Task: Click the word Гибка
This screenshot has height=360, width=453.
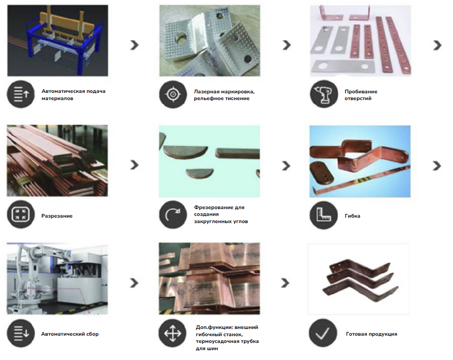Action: (x=352, y=216)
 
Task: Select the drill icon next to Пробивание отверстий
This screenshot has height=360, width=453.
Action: (x=324, y=94)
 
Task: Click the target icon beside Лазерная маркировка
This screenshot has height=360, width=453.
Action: (x=173, y=94)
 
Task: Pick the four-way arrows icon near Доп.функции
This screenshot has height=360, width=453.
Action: (x=173, y=333)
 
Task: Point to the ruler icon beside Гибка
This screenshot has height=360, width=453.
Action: (x=324, y=215)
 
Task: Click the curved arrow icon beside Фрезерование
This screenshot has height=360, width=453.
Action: (x=173, y=214)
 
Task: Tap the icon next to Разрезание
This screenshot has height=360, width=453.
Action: (x=21, y=214)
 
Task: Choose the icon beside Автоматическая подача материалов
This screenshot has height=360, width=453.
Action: (x=21, y=94)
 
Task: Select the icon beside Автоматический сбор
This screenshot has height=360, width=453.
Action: (x=21, y=333)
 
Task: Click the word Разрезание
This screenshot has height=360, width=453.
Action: (x=57, y=216)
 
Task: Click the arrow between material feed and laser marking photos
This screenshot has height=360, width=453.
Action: (x=134, y=45)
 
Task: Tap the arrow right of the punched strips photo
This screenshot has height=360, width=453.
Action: (x=437, y=45)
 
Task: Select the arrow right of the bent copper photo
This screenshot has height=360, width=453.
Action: (x=437, y=165)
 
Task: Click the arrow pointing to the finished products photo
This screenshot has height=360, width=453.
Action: (x=285, y=283)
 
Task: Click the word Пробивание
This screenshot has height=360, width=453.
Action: (x=361, y=91)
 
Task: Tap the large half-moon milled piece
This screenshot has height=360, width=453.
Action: (x=185, y=152)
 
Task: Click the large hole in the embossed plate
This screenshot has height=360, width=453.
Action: (x=182, y=38)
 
